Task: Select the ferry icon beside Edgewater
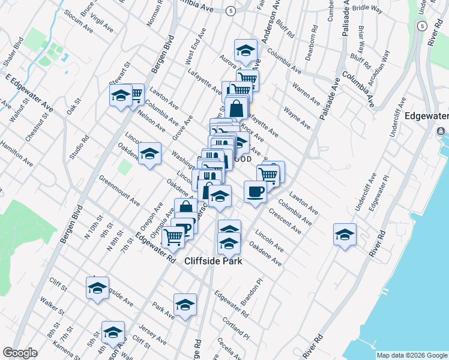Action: point(441,131)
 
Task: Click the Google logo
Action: point(20,353)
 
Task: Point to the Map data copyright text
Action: point(412,355)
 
